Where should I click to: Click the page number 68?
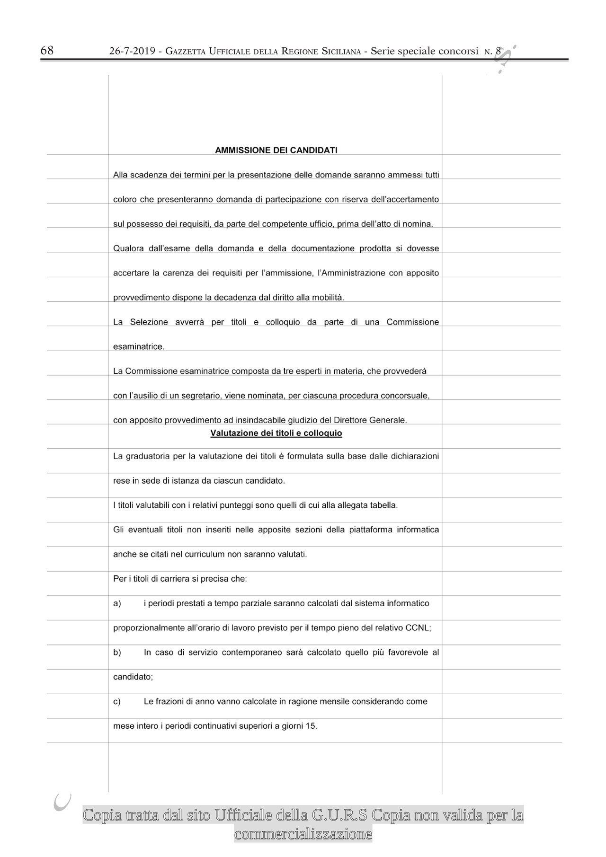pyautogui.click(x=47, y=51)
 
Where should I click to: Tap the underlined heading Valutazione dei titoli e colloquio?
pyautogui.click(x=276, y=433)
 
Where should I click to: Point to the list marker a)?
pyautogui.click(x=117, y=603)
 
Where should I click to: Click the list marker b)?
pyautogui.click(x=117, y=653)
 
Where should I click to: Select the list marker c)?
pyautogui.click(x=117, y=701)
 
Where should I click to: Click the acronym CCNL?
pyautogui.click(x=417, y=628)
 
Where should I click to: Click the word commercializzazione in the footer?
pyautogui.click(x=303, y=834)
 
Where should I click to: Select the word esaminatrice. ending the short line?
pyautogui.click(x=139, y=347)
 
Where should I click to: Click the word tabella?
pyautogui.click(x=384, y=505)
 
